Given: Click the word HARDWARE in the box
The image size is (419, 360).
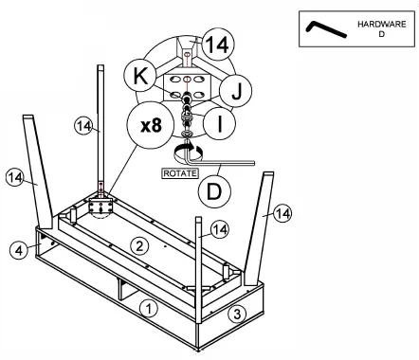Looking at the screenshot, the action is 382,25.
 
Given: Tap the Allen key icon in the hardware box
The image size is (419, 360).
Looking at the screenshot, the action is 325,29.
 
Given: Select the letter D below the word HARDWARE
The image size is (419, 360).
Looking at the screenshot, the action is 382,34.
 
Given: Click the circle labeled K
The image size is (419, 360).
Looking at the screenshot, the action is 140,76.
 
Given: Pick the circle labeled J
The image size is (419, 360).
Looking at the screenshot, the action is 235,91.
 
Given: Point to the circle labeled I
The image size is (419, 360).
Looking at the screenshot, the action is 219,123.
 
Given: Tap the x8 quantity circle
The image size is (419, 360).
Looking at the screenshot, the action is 151,125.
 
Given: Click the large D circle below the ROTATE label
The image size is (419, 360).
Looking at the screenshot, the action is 214,191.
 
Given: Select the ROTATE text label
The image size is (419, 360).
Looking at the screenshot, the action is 180,173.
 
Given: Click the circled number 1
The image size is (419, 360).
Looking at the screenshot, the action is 149,308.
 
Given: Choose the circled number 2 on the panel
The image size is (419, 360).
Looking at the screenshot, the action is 139,245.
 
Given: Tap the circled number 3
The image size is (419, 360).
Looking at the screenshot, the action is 237,314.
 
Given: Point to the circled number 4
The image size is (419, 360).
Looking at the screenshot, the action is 19,250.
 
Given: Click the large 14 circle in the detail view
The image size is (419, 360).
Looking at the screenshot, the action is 219,45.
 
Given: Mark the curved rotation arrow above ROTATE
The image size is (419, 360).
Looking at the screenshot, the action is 189,152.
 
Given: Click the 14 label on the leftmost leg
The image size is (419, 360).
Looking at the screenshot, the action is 14,177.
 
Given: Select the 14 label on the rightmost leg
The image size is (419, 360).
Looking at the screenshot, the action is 282,213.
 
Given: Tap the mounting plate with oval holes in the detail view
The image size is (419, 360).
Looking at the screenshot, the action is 187,87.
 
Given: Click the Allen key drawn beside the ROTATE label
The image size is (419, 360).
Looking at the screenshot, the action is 218,159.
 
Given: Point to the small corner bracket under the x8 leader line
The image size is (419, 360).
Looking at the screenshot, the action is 100,207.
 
